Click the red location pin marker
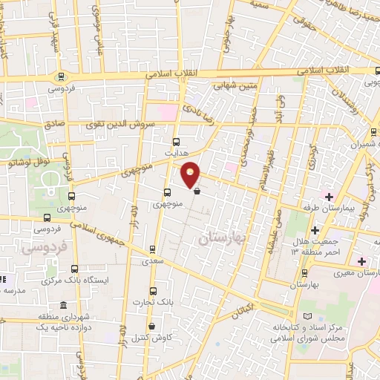pos(191,174)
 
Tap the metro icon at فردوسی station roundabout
pos(61,76)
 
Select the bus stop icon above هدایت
pos(176,141)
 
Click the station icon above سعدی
pos(153,249)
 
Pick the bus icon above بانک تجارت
pos(153,290)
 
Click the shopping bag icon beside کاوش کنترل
pos(151,326)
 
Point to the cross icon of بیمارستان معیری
pos(361,261)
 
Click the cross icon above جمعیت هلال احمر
pos(315,229)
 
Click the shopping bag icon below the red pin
pos(197,190)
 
